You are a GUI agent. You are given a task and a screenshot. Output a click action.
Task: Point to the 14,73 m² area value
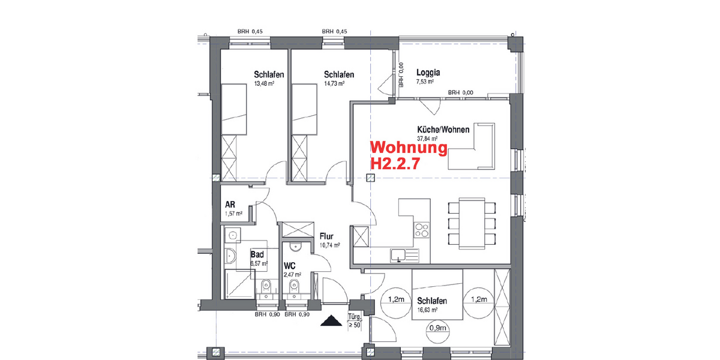(334, 84)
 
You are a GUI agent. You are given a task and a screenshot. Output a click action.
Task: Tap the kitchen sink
(400, 255)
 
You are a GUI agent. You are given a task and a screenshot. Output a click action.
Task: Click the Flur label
(326, 236)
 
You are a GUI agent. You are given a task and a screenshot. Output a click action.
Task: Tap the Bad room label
(257, 254)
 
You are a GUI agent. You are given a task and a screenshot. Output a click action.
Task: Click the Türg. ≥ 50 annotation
(354, 321)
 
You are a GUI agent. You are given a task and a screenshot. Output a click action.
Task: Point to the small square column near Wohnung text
(371, 178)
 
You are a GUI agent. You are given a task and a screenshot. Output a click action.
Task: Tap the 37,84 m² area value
(427, 138)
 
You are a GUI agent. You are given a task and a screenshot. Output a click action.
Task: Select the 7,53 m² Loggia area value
(425, 82)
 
